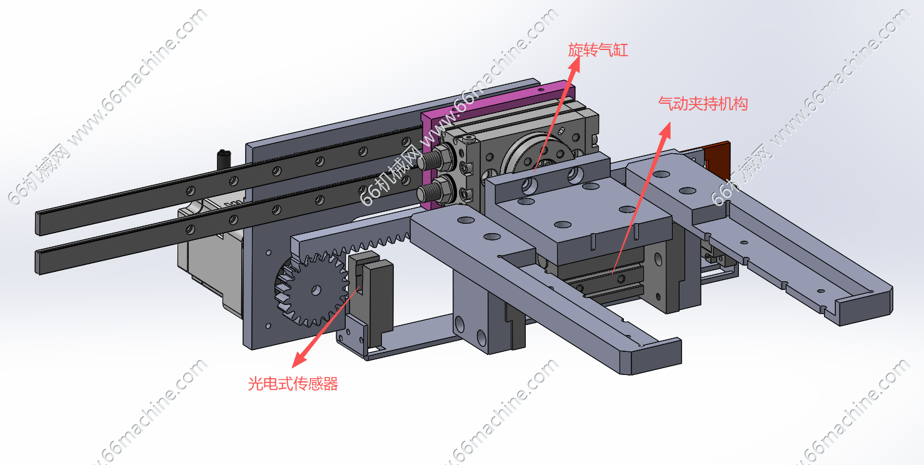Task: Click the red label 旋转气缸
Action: pos(598,50)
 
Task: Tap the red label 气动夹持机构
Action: pos(703,104)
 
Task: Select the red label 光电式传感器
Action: pos(293,384)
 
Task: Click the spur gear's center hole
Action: pos(316,290)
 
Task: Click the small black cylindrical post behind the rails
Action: pos(224,159)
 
